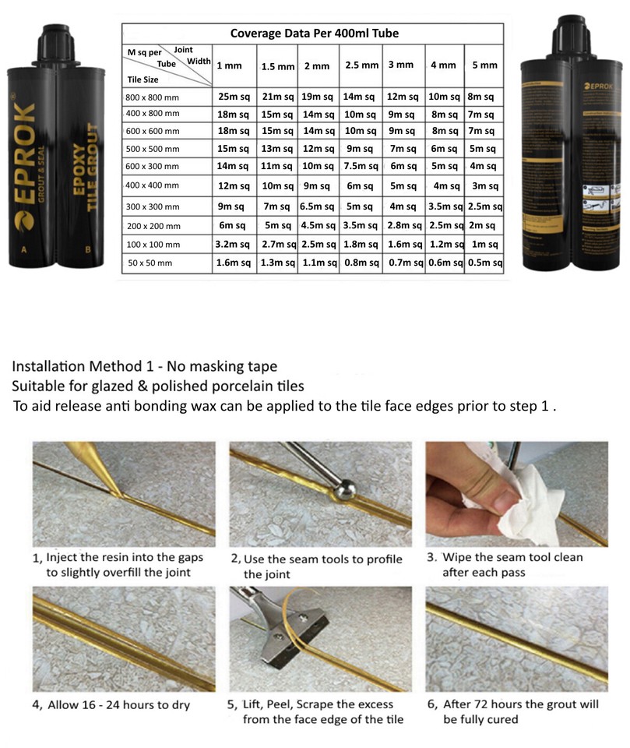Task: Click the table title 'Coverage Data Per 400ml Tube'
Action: pyautogui.click(x=314, y=34)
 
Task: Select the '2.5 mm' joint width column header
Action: pyautogui.click(x=361, y=65)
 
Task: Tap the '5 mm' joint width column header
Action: pyautogui.click(x=484, y=65)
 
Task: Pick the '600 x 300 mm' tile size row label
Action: pyautogui.click(x=153, y=165)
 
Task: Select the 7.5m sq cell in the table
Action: pyautogui.click(x=361, y=166)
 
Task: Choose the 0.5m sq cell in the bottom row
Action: pyautogui.click(x=484, y=263)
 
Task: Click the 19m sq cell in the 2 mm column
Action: pyautogui.click(x=318, y=97)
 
